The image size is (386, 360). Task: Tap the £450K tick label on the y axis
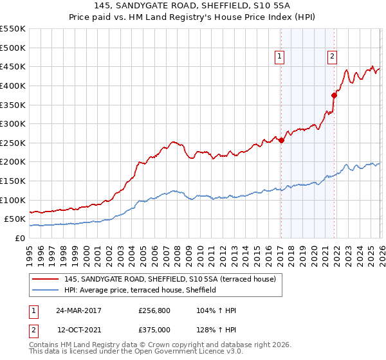[x=13, y=66]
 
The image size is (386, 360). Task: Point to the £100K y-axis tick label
[x=13, y=200]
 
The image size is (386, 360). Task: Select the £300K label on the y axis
[x=13, y=123]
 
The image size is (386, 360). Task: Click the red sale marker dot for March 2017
[x=282, y=140]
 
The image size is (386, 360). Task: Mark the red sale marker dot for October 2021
[x=334, y=95]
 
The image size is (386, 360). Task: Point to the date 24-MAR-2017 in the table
[x=78, y=310]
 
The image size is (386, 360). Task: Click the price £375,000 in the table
[x=155, y=329]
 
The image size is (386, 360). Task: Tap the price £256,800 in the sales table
[x=155, y=310]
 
